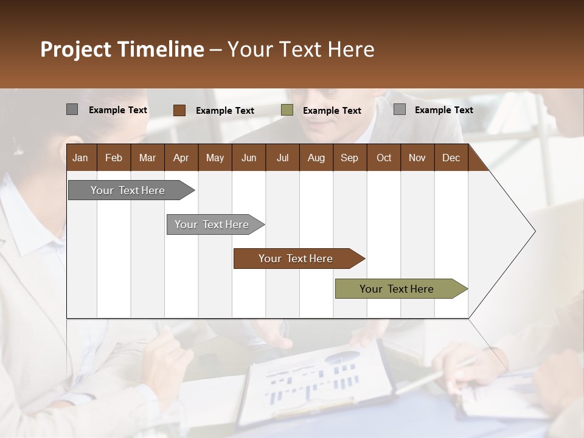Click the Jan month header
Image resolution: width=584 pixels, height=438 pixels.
[80, 158]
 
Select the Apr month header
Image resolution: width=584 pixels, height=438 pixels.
[181, 158]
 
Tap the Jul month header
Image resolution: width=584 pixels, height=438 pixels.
[282, 158]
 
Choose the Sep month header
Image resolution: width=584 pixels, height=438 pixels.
[349, 158]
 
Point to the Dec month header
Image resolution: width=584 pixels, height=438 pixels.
[451, 158]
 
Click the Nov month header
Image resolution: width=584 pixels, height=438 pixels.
[417, 158]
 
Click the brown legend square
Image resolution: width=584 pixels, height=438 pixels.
[179, 110]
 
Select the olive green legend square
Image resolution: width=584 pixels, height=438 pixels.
[287, 110]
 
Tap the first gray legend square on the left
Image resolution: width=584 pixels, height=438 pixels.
[72, 109]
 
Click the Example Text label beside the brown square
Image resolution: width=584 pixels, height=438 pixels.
[224, 111]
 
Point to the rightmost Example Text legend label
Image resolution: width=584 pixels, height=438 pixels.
[443, 110]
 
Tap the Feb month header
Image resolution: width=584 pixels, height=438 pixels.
[114, 158]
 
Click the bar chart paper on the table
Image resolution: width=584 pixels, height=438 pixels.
[316, 383]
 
